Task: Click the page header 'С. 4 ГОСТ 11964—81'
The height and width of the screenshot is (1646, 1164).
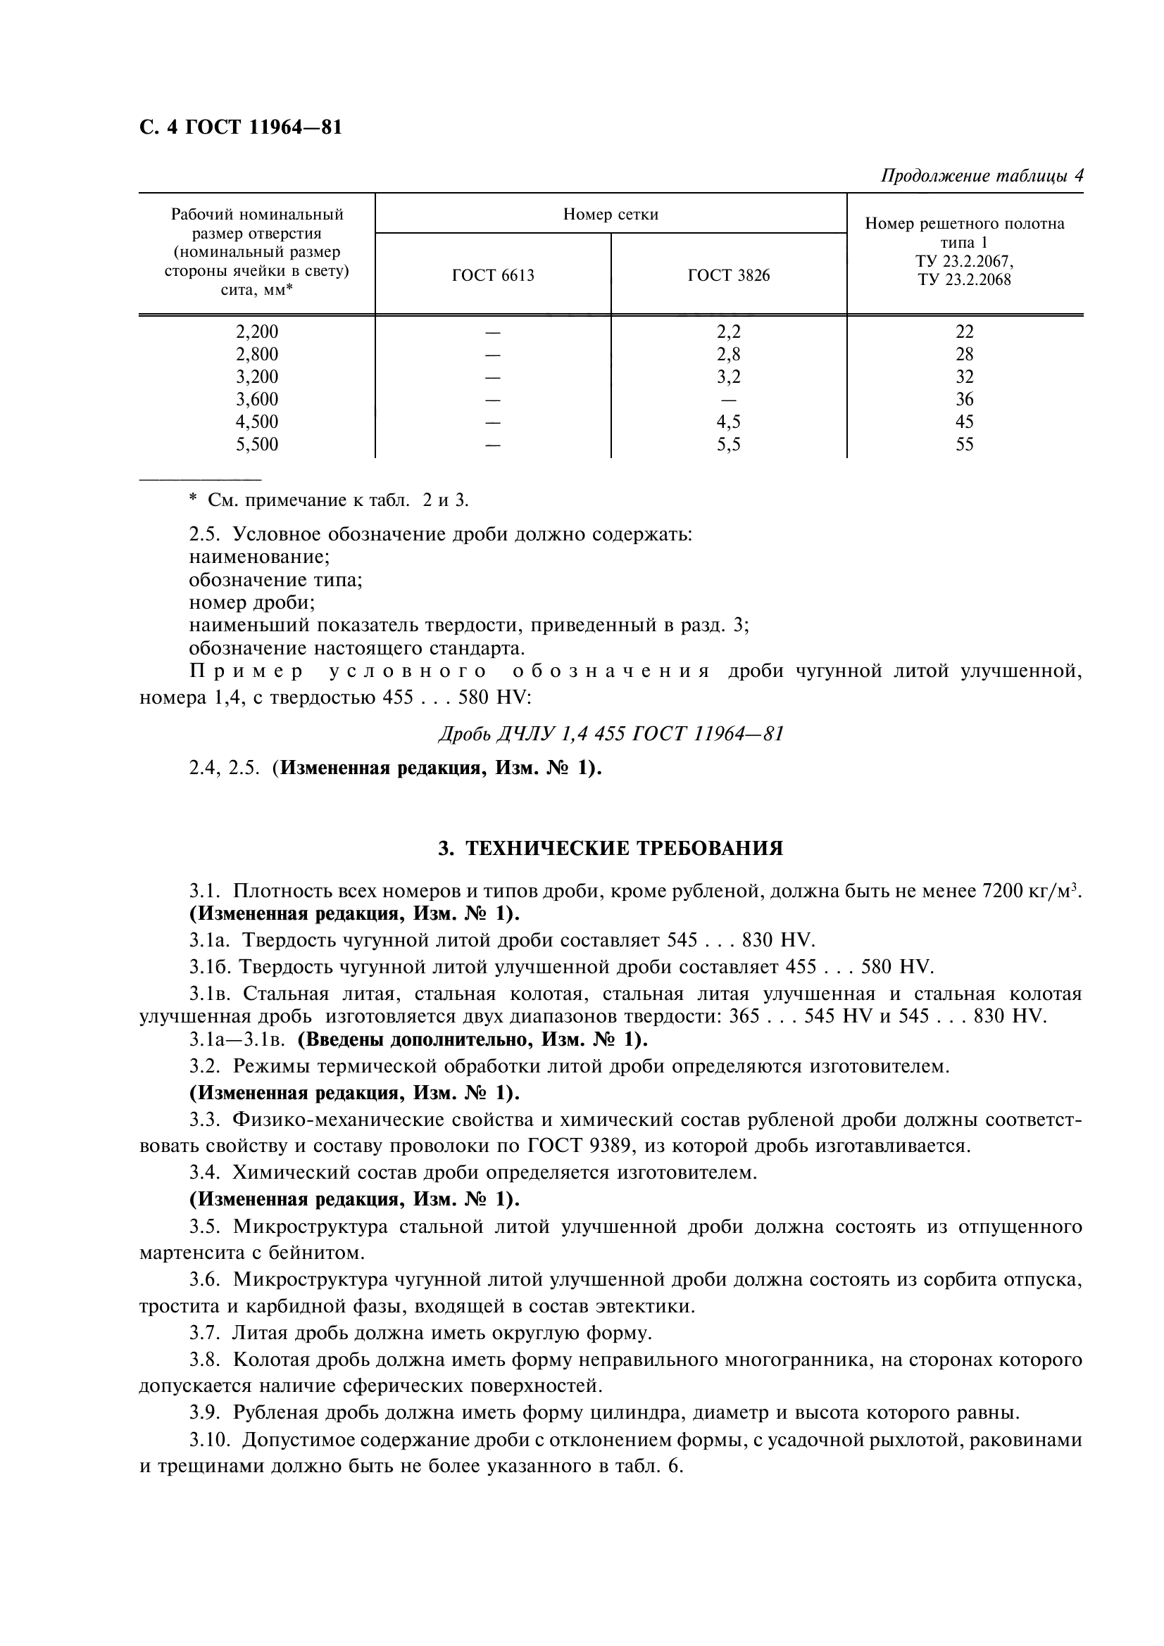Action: pyautogui.click(x=240, y=127)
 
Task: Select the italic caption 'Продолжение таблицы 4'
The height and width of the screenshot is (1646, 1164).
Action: pyautogui.click(x=981, y=176)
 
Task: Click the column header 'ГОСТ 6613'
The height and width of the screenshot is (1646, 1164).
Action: pyautogui.click(x=493, y=275)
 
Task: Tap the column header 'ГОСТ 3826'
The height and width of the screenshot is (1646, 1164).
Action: pyautogui.click(x=728, y=275)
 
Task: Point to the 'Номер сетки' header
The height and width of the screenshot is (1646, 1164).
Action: pyautogui.click(x=611, y=215)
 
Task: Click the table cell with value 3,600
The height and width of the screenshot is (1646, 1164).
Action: pyautogui.click(x=257, y=399)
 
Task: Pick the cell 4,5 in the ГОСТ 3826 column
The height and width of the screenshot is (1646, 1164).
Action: pyautogui.click(x=728, y=422)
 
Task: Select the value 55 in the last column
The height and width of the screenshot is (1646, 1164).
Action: pyautogui.click(x=964, y=445)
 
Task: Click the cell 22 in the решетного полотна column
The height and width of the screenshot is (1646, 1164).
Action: pyautogui.click(x=964, y=332)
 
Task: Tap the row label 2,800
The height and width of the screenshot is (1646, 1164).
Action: pyautogui.click(x=257, y=354)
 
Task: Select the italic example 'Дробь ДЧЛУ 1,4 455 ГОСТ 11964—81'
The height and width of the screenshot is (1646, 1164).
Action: pyautogui.click(x=611, y=733)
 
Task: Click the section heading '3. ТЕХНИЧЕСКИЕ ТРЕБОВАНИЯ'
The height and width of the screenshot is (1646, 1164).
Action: pyautogui.click(x=611, y=849)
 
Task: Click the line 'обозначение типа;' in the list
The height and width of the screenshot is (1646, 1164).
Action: pyautogui.click(x=275, y=580)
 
